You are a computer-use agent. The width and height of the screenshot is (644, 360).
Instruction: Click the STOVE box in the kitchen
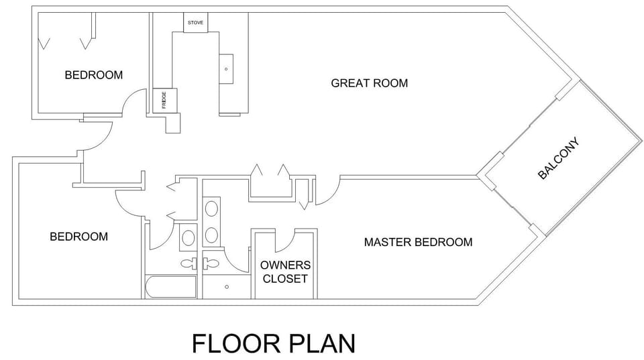click(x=196, y=22)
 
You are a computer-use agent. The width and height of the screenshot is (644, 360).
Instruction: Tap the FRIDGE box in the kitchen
click(x=164, y=100)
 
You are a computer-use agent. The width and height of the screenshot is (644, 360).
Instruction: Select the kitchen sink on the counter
click(x=226, y=68)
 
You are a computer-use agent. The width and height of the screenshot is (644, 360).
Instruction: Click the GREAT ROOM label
click(x=369, y=83)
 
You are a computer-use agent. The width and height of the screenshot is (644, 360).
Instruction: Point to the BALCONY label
click(x=558, y=159)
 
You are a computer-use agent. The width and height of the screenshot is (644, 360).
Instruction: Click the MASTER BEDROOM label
click(x=418, y=242)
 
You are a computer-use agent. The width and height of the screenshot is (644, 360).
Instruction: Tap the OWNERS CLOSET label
click(x=285, y=272)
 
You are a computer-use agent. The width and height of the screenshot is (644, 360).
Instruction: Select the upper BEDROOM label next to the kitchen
click(x=93, y=75)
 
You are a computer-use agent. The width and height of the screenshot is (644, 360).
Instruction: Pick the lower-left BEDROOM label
click(x=78, y=237)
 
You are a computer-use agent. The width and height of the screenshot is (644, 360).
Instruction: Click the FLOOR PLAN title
click(x=273, y=343)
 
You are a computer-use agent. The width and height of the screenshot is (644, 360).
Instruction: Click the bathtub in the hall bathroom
click(x=170, y=287)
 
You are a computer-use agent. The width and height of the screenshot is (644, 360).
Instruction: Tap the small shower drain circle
click(x=227, y=287)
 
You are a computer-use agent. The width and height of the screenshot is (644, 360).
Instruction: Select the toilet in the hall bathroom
click(x=188, y=263)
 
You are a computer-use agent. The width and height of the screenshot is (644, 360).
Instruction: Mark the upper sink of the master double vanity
click(x=211, y=208)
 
